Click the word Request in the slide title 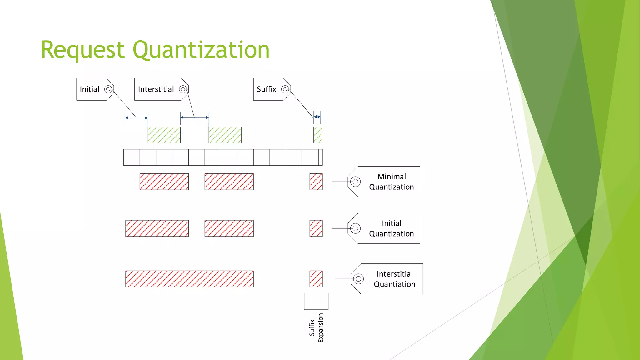click(x=83, y=50)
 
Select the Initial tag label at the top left click(x=90, y=89)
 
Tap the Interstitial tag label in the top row click(x=156, y=89)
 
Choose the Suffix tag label click(x=267, y=89)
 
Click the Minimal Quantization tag click(x=391, y=182)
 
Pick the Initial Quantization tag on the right click(x=391, y=228)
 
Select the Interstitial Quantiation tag click(x=394, y=279)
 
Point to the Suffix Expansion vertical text click(x=316, y=327)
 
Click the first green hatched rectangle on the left click(x=164, y=135)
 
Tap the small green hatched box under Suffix click(x=317, y=135)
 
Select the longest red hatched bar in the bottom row click(x=189, y=279)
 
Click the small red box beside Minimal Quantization click(x=316, y=182)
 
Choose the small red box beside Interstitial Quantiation click(x=316, y=279)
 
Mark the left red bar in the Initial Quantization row click(x=157, y=228)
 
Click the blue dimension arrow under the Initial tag click(x=137, y=118)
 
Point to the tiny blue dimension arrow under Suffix click(x=317, y=117)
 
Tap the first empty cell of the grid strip click(x=132, y=157)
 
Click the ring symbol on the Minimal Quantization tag click(x=355, y=182)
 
